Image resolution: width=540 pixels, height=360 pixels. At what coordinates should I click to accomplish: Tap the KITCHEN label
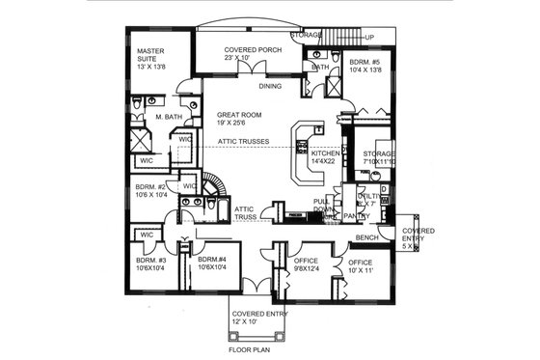tap(323, 154)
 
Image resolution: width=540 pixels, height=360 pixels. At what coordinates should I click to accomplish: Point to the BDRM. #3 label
tap(151, 260)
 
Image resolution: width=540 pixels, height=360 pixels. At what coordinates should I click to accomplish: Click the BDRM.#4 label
tap(212, 260)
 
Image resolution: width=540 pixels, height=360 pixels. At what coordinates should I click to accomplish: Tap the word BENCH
tap(365, 236)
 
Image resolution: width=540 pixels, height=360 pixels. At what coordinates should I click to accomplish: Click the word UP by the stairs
tap(369, 39)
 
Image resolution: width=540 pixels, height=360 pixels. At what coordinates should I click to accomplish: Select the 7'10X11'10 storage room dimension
tap(374, 163)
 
